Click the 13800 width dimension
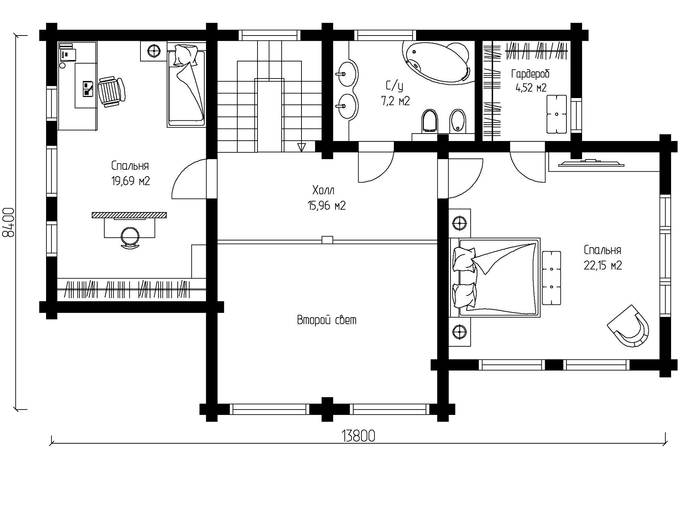358,436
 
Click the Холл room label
323,190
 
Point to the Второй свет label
327,320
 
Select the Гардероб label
530,74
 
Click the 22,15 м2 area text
603,266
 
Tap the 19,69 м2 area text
131,181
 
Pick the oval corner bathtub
437,63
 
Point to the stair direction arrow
301,147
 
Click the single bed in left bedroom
186,85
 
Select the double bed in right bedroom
495,277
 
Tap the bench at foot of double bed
552,278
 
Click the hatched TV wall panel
129,215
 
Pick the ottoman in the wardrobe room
557,114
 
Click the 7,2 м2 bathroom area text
395,101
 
